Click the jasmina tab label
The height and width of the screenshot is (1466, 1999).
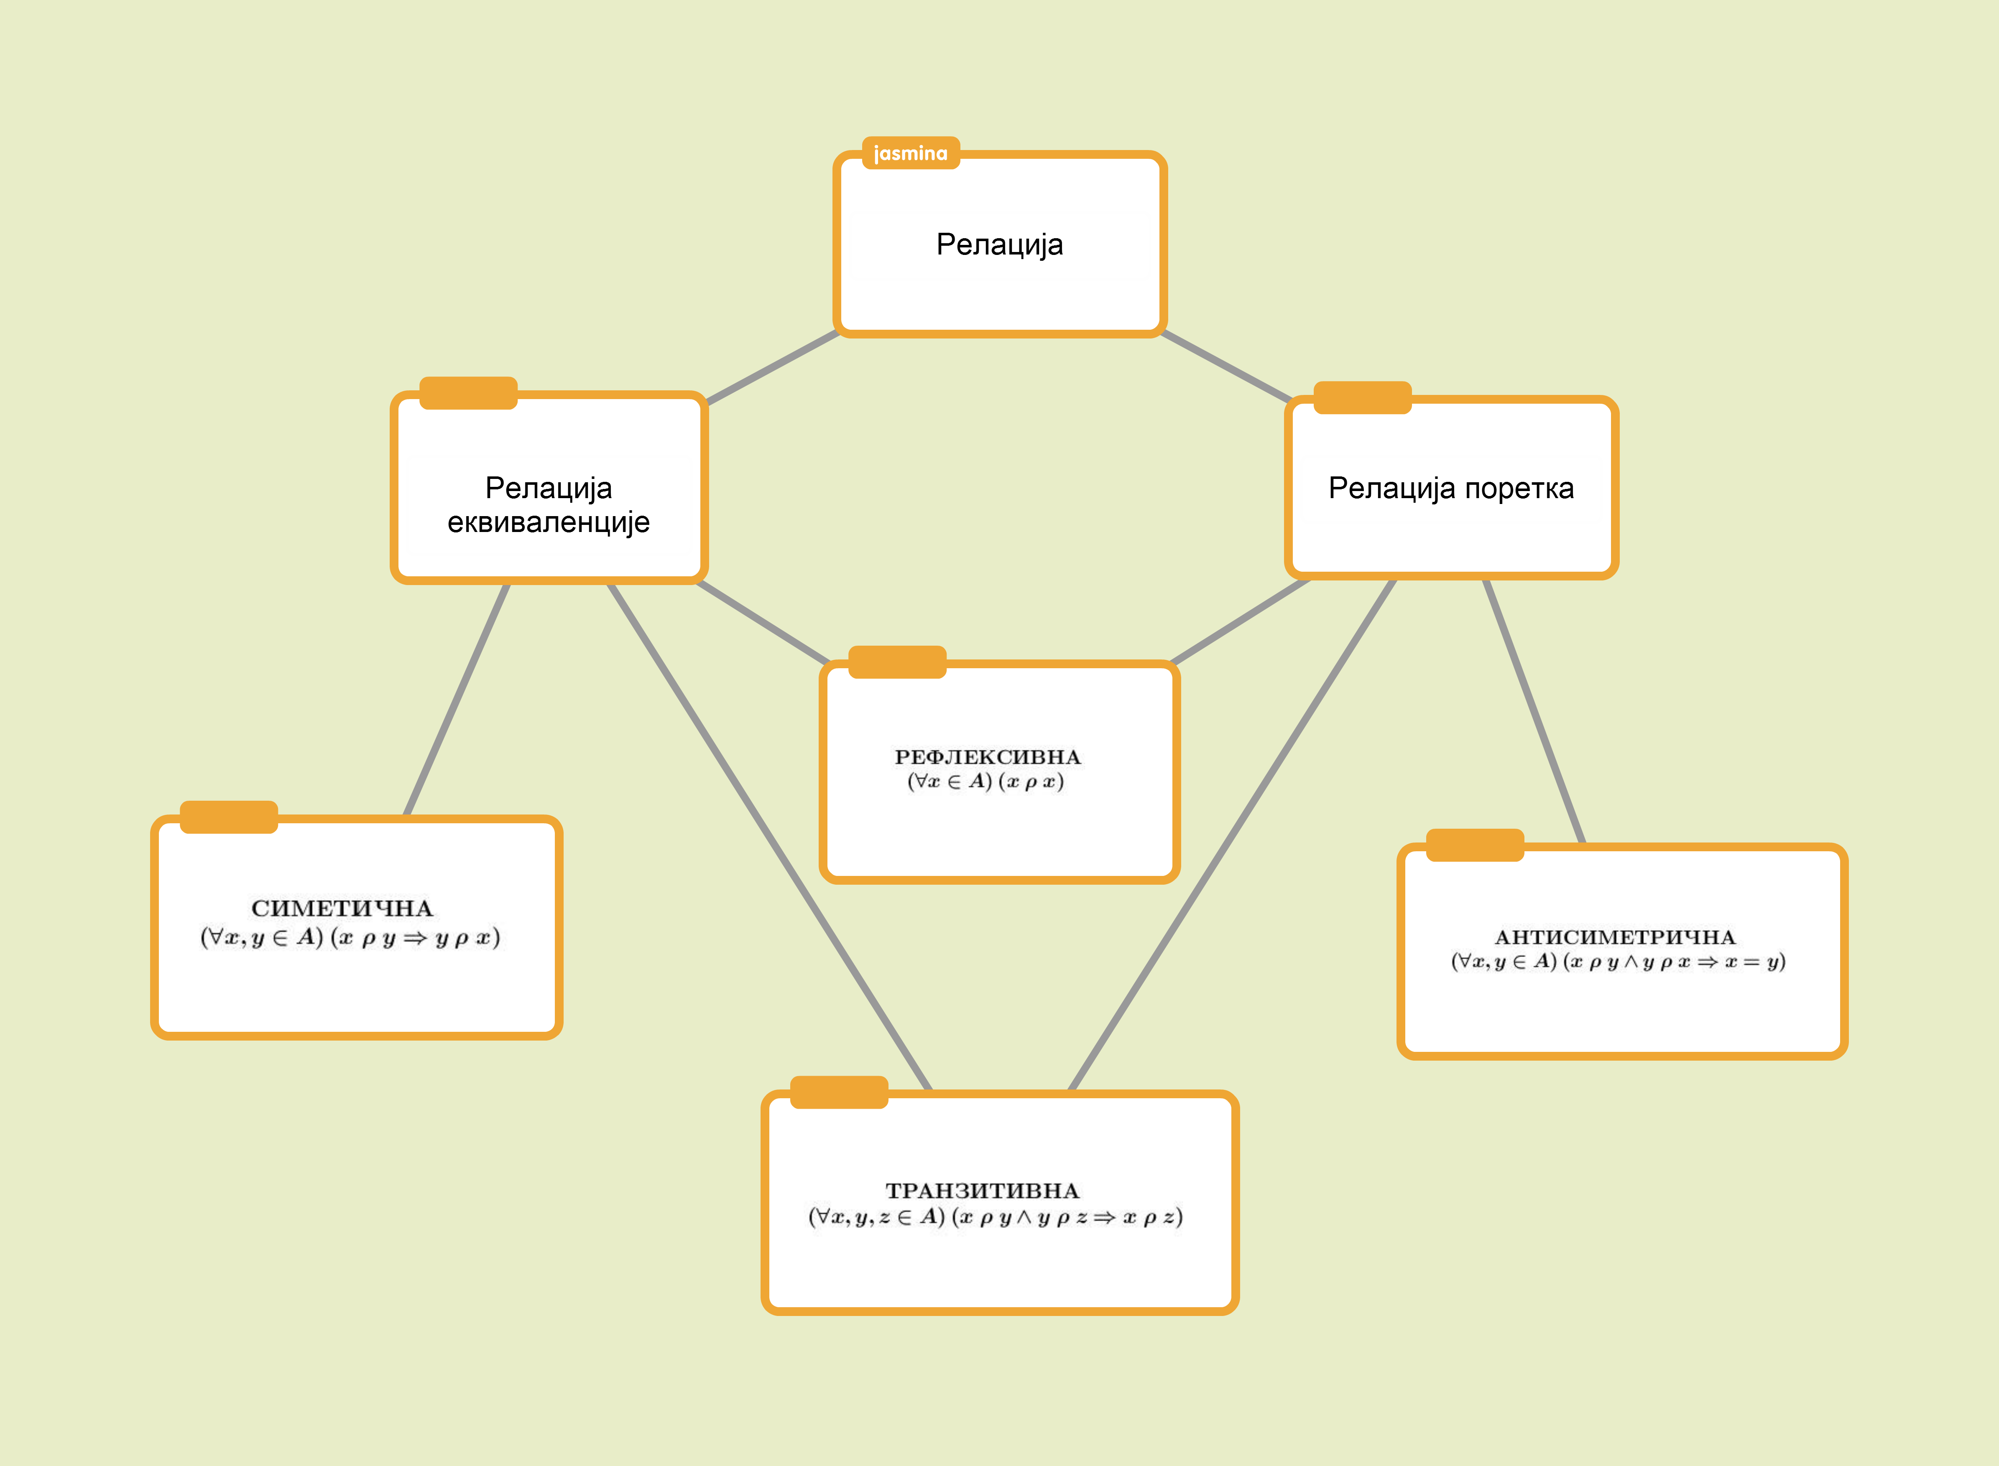[x=911, y=153]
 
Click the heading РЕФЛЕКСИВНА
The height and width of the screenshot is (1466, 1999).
[x=987, y=757]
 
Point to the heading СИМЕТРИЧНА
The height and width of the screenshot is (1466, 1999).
[x=342, y=908]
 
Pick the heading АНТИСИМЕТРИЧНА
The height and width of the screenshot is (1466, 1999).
[x=1615, y=937]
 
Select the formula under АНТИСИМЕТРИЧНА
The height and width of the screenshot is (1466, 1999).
[x=1617, y=962]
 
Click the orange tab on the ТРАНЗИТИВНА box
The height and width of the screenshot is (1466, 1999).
[x=839, y=1092]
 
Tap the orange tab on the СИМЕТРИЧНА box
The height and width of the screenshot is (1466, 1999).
[x=229, y=817]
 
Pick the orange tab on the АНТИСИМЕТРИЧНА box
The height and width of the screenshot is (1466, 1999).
[x=1474, y=845]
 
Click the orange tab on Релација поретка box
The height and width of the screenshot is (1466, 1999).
[x=1362, y=397]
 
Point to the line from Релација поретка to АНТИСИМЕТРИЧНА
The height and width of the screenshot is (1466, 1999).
[x=1533, y=710]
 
